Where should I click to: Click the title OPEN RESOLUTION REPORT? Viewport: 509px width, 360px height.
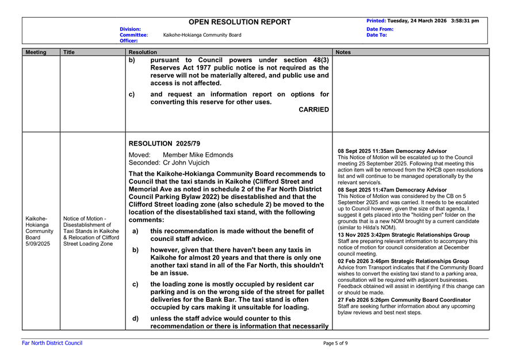[x=240, y=22]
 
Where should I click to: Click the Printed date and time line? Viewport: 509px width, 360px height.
[x=423, y=21]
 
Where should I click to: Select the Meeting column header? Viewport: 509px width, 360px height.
[x=36, y=52]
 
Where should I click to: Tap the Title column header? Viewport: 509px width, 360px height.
[x=70, y=52]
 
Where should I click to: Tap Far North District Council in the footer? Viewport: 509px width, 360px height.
[x=52, y=343]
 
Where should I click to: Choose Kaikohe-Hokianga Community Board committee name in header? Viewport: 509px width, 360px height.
[x=202, y=35]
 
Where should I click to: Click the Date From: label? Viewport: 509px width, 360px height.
[x=380, y=29]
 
